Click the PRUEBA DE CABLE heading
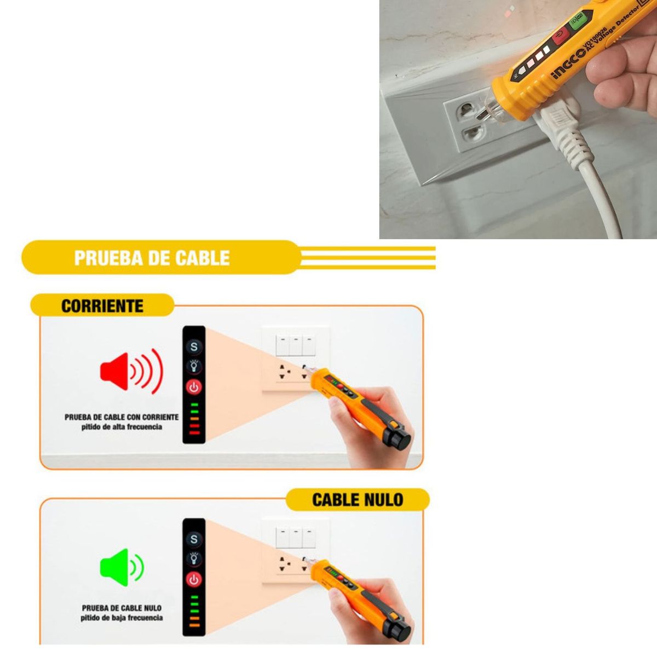click(152, 257)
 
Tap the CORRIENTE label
click(102, 306)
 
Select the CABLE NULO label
click(358, 499)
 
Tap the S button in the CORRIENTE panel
click(194, 347)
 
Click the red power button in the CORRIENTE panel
click(194, 387)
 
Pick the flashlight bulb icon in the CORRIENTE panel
click(194, 366)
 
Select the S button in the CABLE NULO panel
click(194, 539)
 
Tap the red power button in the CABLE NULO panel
click(194, 579)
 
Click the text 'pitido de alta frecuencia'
click(122, 427)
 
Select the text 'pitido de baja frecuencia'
click(122, 618)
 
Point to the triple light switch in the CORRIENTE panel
click(296, 345)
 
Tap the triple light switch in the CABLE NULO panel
click(296, 538)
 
